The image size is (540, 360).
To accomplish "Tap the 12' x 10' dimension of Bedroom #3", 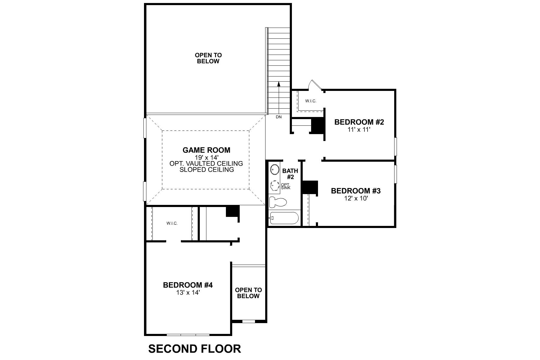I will click(355, 198).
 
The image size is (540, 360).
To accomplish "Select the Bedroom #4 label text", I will click(188, 285).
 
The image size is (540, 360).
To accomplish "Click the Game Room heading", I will click(206, 150).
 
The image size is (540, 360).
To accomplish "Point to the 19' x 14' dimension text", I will click(206, 157).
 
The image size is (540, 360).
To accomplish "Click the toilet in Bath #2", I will click(278, 202).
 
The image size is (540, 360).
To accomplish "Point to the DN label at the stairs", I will click(279, 117).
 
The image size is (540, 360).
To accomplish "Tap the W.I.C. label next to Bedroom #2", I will click(311, 101).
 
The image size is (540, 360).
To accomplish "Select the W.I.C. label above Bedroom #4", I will click(172, 223).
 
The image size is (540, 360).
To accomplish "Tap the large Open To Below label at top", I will click(208, 58).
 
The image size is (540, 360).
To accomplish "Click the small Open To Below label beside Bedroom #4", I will click(248, 293).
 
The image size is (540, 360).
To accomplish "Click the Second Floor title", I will click(194, 349).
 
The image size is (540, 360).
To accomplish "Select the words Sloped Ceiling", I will click(206, 170).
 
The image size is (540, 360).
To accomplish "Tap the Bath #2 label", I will click(290, 174).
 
